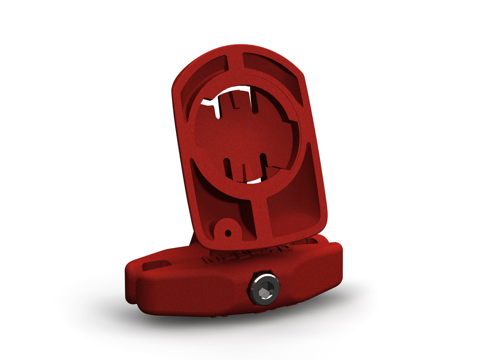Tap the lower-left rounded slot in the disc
(x=228, y=168)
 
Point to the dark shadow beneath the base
(x=240, y=320)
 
